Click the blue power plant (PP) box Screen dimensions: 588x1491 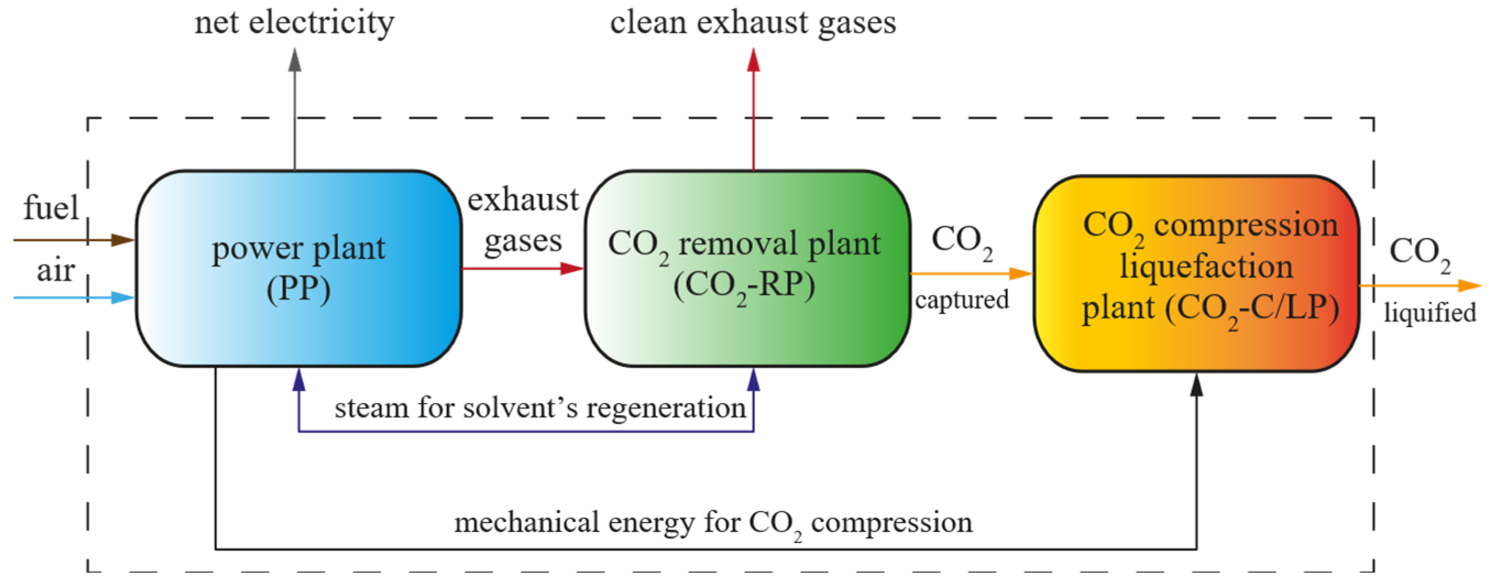pos(299,268)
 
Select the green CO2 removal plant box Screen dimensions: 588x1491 pos(747,268)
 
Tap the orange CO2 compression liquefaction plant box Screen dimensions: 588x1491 pos(1196,273)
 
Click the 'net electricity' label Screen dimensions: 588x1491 pos(294,23)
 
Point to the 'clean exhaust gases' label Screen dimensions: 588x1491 pos(752,23)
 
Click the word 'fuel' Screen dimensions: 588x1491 pos(51,208)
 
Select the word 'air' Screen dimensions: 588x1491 pos(56,270)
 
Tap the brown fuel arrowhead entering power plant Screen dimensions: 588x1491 pos(123,240)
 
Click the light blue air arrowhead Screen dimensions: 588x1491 pos(123,298)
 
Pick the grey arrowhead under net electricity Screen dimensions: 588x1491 pos(295,60)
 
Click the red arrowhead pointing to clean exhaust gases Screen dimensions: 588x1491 pos(753,60)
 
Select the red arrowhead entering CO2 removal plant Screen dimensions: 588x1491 pos(571,268)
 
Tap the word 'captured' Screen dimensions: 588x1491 pos(962,300)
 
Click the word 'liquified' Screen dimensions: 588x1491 pos(1429,313)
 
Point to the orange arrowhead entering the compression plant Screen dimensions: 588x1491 pos(1020,273)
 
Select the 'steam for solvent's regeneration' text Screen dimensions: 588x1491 pos(540,408)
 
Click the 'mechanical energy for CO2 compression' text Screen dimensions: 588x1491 pos(713,523)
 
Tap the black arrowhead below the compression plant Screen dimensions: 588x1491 pos(1196,385)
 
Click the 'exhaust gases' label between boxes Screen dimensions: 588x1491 pos(522,220)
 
